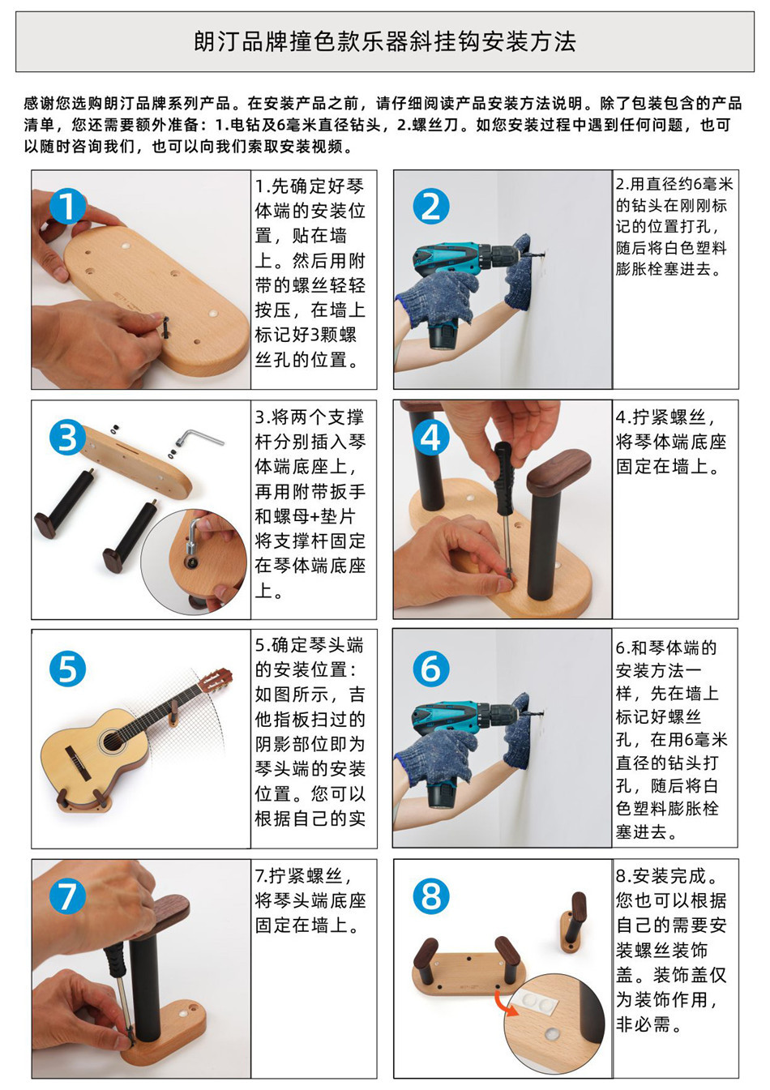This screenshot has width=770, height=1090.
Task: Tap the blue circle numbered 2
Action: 431,207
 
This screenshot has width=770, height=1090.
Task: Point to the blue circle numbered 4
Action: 431,437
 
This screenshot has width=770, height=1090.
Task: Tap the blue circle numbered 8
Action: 431,896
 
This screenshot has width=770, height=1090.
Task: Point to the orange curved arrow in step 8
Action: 505,1003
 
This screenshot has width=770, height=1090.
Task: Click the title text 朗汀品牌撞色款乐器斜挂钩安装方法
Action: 385,42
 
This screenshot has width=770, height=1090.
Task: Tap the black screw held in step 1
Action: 166,325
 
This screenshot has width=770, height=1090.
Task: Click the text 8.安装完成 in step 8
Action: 667,876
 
